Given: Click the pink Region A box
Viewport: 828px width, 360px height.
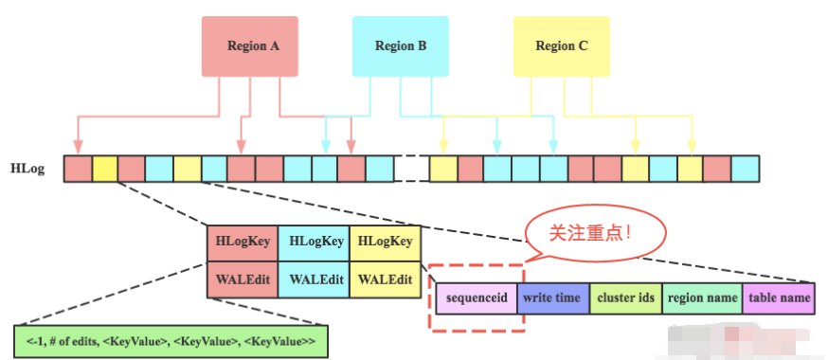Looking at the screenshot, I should click(x=246, y=45).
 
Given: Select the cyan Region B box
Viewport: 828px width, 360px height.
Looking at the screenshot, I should click(x=401, y=45).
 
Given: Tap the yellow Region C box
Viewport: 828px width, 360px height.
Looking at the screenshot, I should click(x=561, y=45).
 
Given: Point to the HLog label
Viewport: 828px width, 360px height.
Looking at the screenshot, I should click(x=26, y=169).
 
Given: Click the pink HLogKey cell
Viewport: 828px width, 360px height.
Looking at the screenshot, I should click(x=243, y=243).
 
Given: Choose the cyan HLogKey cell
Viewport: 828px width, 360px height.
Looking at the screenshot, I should click(x=314, y=243).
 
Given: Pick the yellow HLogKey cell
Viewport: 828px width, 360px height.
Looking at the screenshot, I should click(x=384, y=243).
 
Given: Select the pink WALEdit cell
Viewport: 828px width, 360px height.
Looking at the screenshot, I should click(x=243, y=280).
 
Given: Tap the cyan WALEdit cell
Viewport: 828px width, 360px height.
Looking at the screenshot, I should click(x=314, y=280).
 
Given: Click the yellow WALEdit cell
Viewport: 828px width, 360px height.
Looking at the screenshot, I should click(x=384, y=280).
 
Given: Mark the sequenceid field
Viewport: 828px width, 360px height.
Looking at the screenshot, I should click(x=477, y=297).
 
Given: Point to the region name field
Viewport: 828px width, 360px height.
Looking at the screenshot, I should click(x=701, y=297).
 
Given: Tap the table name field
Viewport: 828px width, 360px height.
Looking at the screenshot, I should click(x=777, y=297).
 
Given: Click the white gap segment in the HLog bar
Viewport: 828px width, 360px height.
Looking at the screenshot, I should click(x=411, y=169).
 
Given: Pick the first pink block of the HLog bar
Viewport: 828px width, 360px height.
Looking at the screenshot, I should click(x=78, y=169).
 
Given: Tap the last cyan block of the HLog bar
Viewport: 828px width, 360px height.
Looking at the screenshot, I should click(x=745, y=169).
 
